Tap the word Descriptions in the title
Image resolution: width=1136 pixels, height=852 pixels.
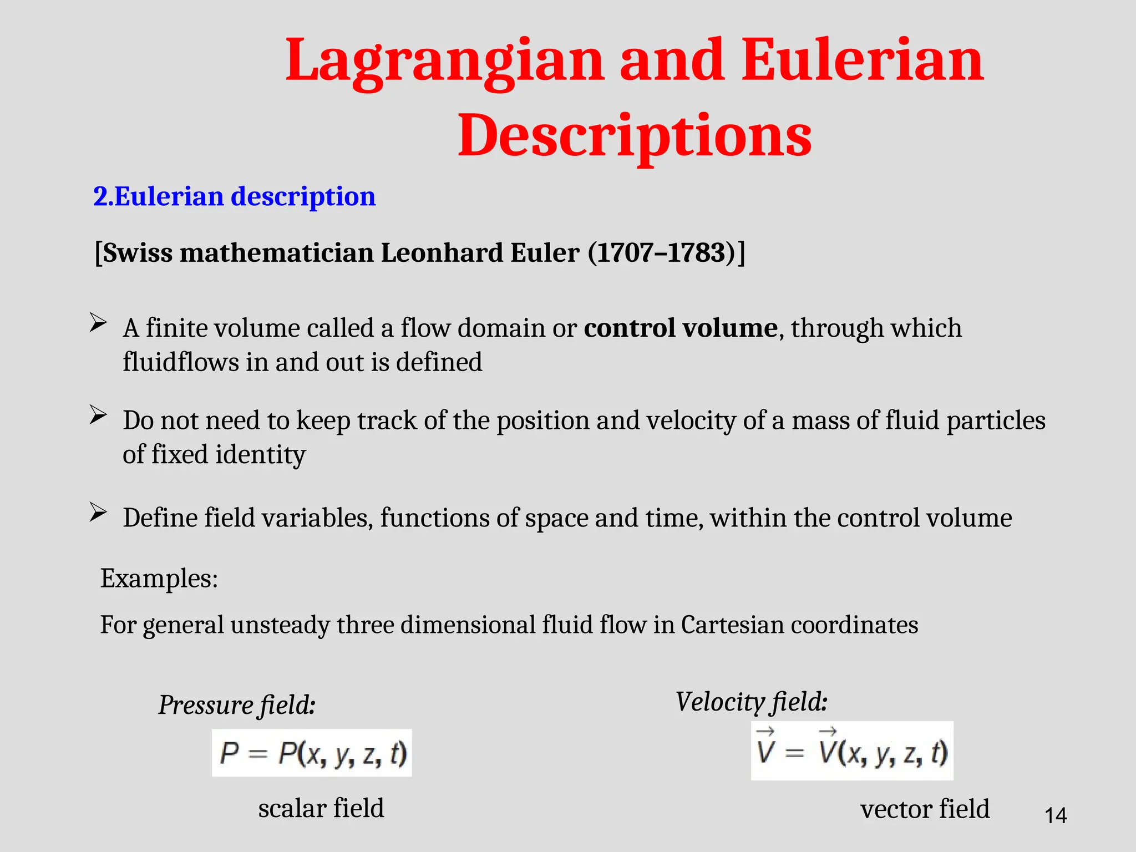(635, 135)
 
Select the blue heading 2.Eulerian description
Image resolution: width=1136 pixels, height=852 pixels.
(234, 196)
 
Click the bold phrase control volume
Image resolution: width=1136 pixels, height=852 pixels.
(681, 328)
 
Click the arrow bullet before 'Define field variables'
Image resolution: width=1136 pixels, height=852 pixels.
(98, 512)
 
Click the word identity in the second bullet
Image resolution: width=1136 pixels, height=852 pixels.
(260, 454)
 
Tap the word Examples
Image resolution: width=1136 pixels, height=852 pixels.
(159, 579)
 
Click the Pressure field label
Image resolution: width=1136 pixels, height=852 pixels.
(237, 705)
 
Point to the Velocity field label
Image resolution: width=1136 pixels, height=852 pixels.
(751, 702)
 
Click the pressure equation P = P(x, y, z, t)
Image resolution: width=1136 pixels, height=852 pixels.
(312, 753)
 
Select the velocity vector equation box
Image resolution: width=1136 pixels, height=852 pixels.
(852, 751)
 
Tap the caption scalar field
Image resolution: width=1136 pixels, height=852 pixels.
(321, 808)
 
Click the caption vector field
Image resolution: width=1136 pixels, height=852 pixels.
(925, 809)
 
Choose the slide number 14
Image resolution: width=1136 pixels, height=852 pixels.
(1055, 815)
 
